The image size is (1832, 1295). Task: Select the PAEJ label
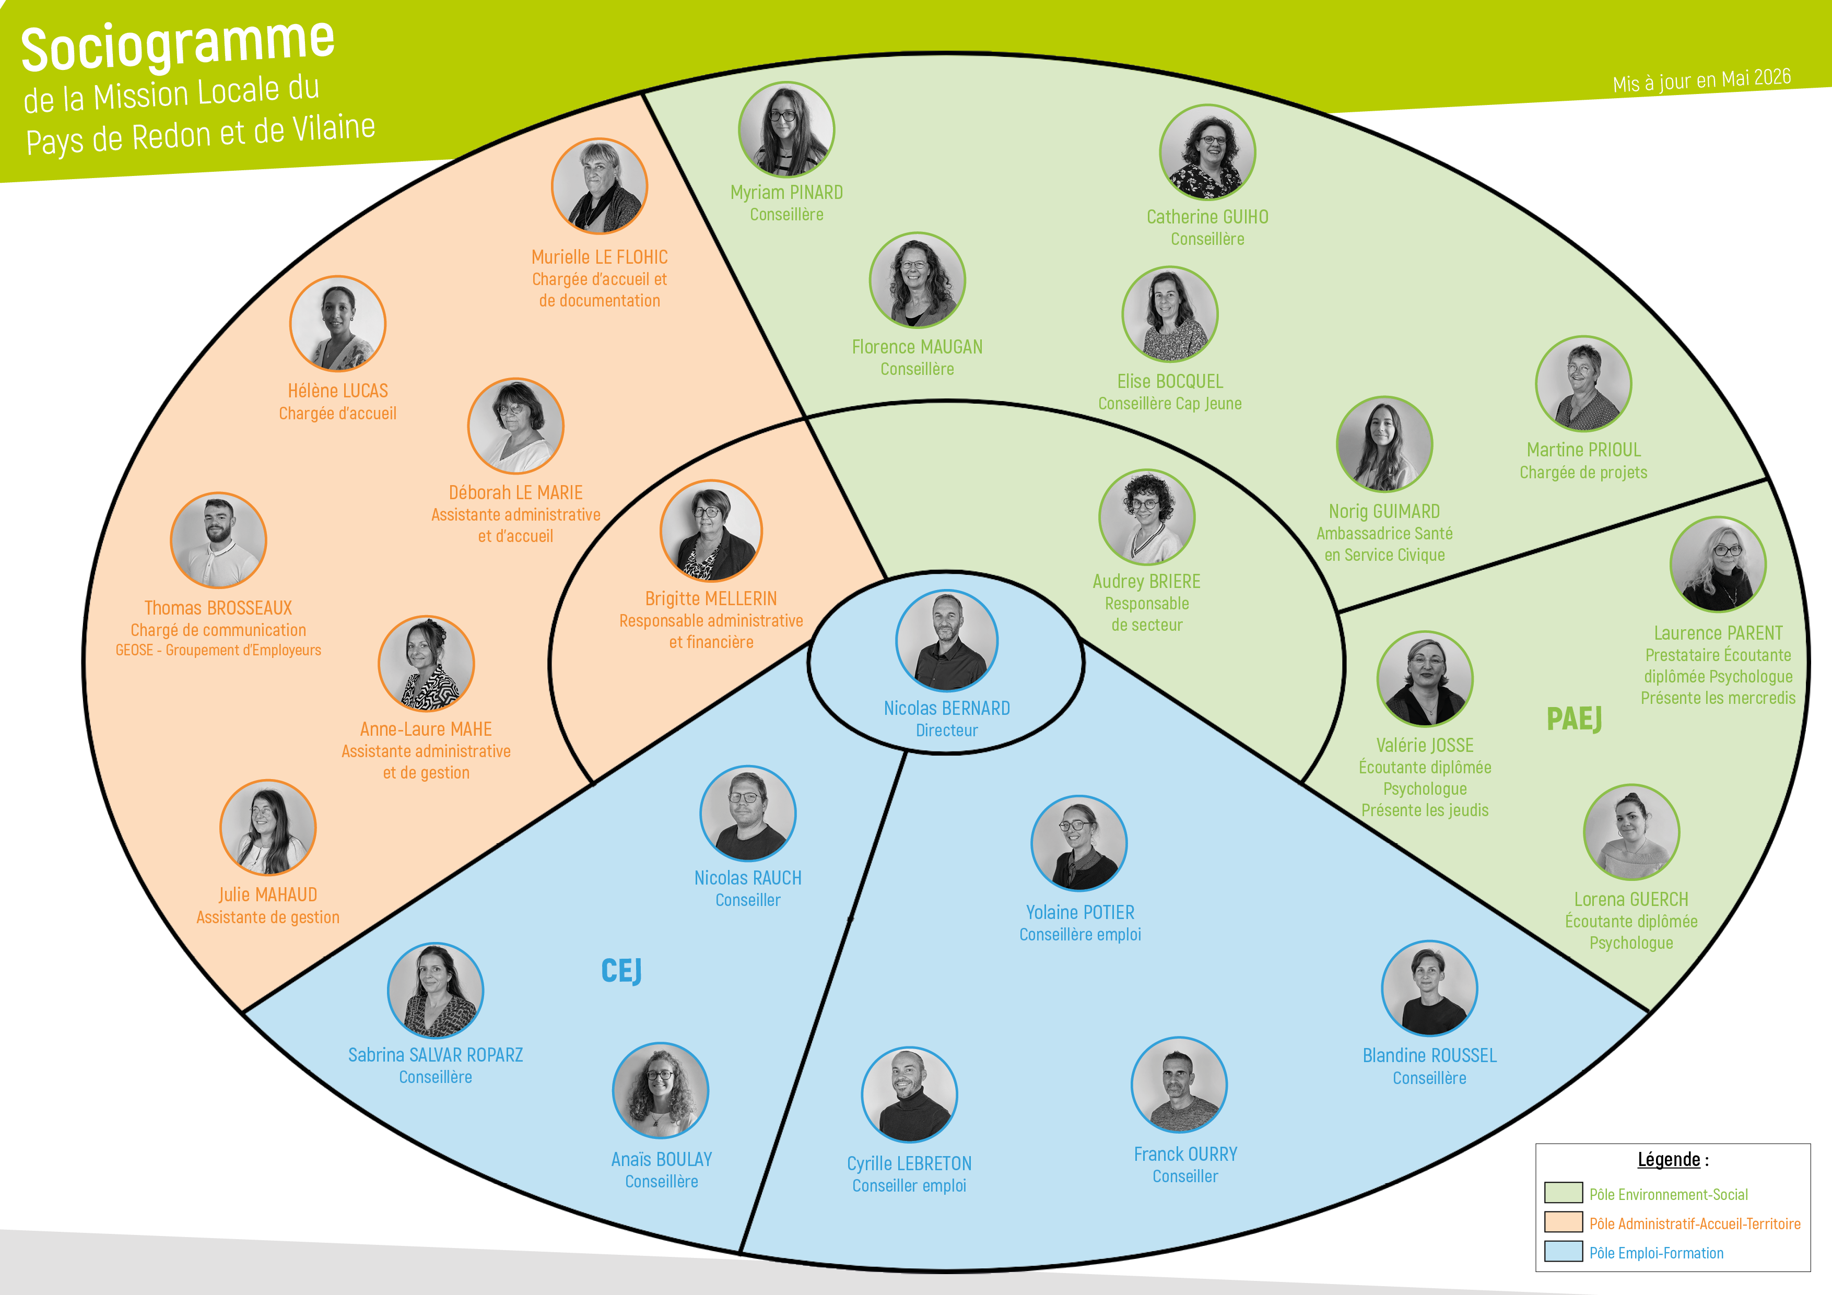pos(1574,719)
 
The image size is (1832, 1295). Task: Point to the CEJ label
pos(621,971)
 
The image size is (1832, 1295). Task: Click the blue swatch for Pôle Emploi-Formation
pos(1563,1251)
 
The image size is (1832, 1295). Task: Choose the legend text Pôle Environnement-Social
pos(1669,1194)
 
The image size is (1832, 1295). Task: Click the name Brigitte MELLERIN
pos(711,598)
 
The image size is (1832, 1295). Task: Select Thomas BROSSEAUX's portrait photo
pos(219,540)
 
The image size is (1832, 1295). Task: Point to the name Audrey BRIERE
pos(1147,582)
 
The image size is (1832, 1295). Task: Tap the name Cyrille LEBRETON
pos(910,1163)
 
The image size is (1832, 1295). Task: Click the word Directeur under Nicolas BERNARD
pos(946,730)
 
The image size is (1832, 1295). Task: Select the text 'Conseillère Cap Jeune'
pos(1170,404)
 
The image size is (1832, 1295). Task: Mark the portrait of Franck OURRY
pos(1179,1085)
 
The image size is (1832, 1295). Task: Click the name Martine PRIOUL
pos(1584,450)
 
